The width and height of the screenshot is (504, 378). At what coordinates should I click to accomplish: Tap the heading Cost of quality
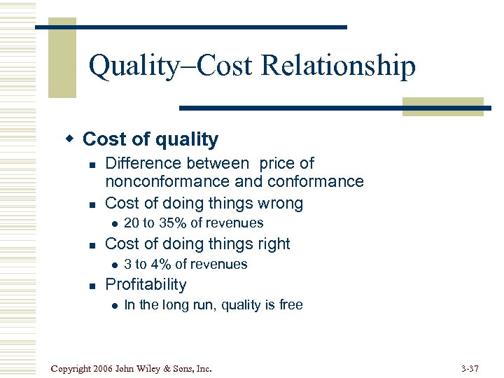point(150,139)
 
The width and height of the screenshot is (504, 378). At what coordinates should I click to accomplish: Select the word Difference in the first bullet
point(141,163)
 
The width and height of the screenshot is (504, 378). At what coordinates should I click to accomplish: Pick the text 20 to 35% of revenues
point(193,223)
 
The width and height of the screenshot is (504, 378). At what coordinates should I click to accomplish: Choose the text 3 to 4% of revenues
point(185,264)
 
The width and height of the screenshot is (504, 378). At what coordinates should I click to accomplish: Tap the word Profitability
point(146,284)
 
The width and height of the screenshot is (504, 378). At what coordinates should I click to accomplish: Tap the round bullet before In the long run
point(111,305)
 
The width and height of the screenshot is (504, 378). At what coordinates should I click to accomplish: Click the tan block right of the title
point(442,106)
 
